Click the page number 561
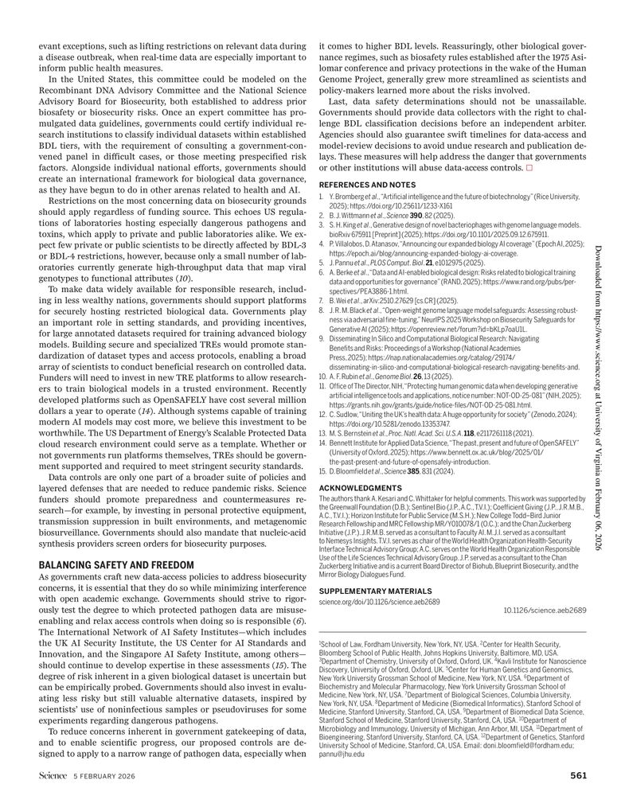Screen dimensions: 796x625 [x=578, y=776]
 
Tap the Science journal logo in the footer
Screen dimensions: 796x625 [x=53, y=776]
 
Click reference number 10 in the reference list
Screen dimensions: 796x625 [x=322, y=374]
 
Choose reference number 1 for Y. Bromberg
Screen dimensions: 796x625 [x=322, y=196]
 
